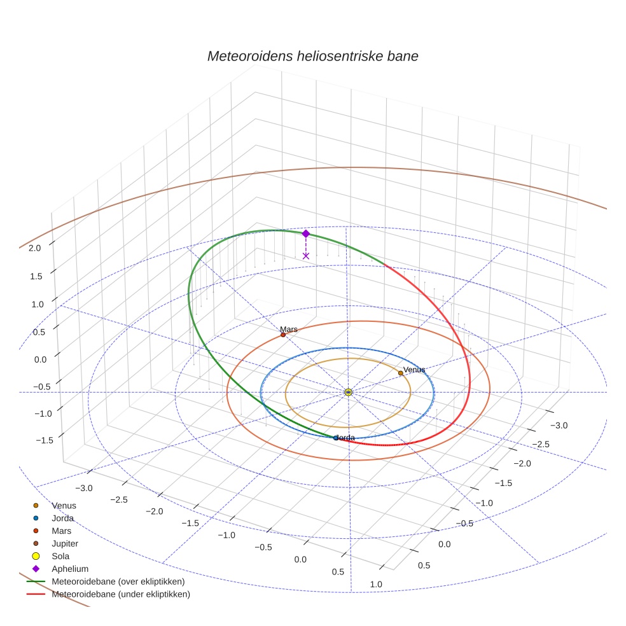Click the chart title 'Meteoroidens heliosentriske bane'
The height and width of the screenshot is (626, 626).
(x=312, y=56)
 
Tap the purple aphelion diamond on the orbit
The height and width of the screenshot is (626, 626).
(x=305, y=233)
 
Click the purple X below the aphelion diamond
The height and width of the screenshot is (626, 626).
(x=306, y=256)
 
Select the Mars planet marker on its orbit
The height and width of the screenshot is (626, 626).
(x=283, y=335)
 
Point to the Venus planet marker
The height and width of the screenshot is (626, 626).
(x=400, y=373)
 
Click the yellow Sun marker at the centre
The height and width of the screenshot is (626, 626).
(x=349, y=392)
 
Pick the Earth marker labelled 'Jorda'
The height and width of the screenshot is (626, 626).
(x=336, y=438)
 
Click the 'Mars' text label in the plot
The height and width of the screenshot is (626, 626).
(x=289, y=329)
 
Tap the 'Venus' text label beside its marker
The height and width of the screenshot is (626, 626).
(x=414, y=370)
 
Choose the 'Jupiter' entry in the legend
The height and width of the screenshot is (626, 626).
(x=65, y=543)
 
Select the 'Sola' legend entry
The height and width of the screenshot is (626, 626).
(x=61, y=556)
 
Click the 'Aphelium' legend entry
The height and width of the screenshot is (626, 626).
(x=70, y=569)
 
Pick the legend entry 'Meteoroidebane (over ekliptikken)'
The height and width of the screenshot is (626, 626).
(x=118, y=581)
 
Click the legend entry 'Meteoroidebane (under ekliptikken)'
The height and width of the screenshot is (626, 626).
(x=121, y=594)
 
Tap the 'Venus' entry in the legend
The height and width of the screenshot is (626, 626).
(x=64, y=505)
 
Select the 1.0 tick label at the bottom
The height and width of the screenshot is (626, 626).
(x=376, y=584)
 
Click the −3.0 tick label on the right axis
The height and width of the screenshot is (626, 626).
(x=559, y=425)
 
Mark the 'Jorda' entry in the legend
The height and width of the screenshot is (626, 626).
(x=63, y=518)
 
